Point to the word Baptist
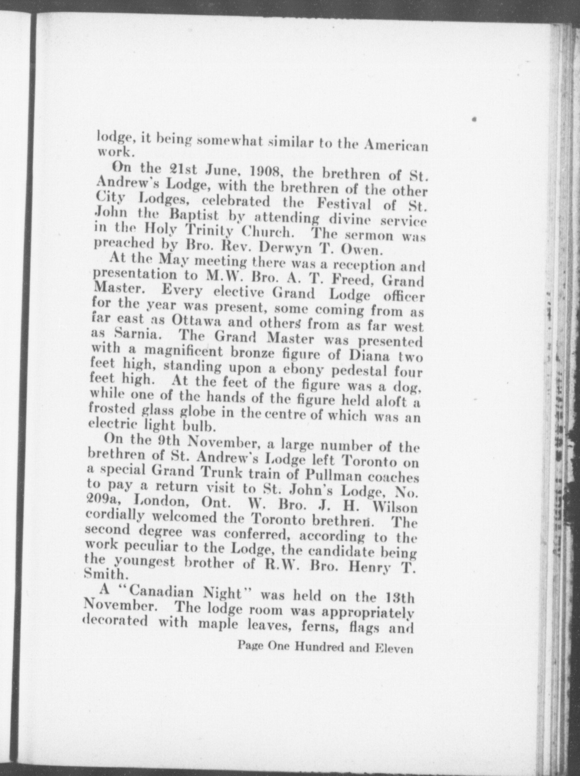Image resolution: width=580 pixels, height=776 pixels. coord(200,216)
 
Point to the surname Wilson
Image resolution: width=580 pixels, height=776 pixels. coord(395,508)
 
